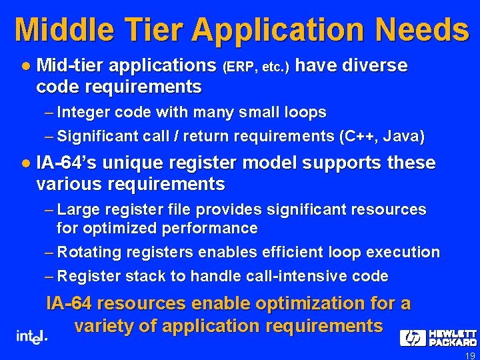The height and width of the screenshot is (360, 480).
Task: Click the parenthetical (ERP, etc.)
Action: tap(256, 67)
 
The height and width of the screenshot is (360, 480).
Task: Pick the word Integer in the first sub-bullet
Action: tap(82, 112)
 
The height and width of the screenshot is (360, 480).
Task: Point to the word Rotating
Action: tap(89, 252)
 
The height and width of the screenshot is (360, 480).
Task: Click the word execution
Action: tap(405, 252)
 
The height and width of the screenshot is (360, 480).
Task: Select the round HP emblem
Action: tap(413, 338)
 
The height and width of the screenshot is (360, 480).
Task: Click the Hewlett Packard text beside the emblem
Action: tap(452, 338)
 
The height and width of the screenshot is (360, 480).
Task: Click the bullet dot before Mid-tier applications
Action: tap(25, 66)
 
